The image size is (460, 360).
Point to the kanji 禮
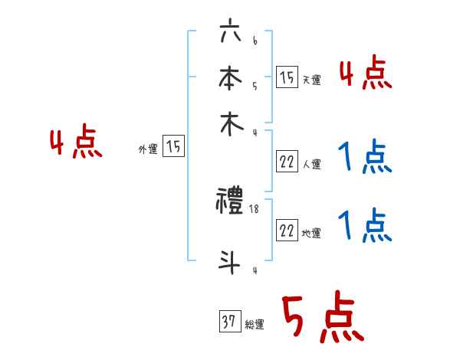pyautogui.click(x=231, y=202)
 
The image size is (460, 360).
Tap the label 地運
pyautogui.click(x=311, y=234)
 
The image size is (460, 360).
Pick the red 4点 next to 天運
pyautogui.click(x=365, y=74)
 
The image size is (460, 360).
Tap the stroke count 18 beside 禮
pyautogui.click(x=254, y=208)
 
